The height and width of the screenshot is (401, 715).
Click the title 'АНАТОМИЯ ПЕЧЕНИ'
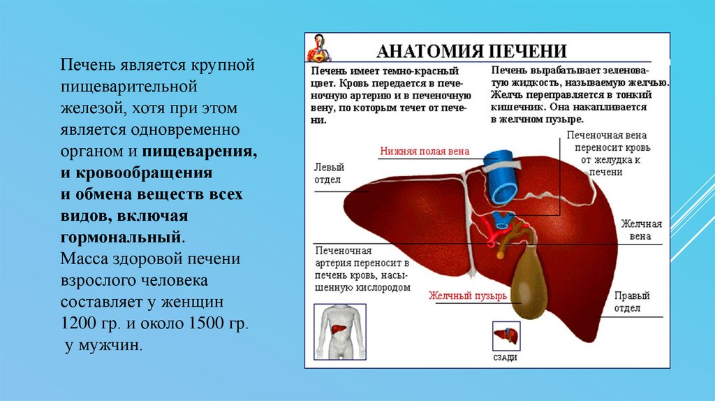(471, 51)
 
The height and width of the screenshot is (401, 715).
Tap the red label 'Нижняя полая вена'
(425, 151)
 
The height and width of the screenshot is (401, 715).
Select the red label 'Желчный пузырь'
(468, 295)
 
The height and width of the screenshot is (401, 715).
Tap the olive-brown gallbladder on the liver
(531, 279)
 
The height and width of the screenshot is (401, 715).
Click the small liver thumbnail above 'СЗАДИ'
(505, 336)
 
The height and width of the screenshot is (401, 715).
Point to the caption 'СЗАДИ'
(505, 358)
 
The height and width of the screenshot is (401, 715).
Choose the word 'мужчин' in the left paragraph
(117, 345)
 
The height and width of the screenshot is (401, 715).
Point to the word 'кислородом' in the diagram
(382, 286)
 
